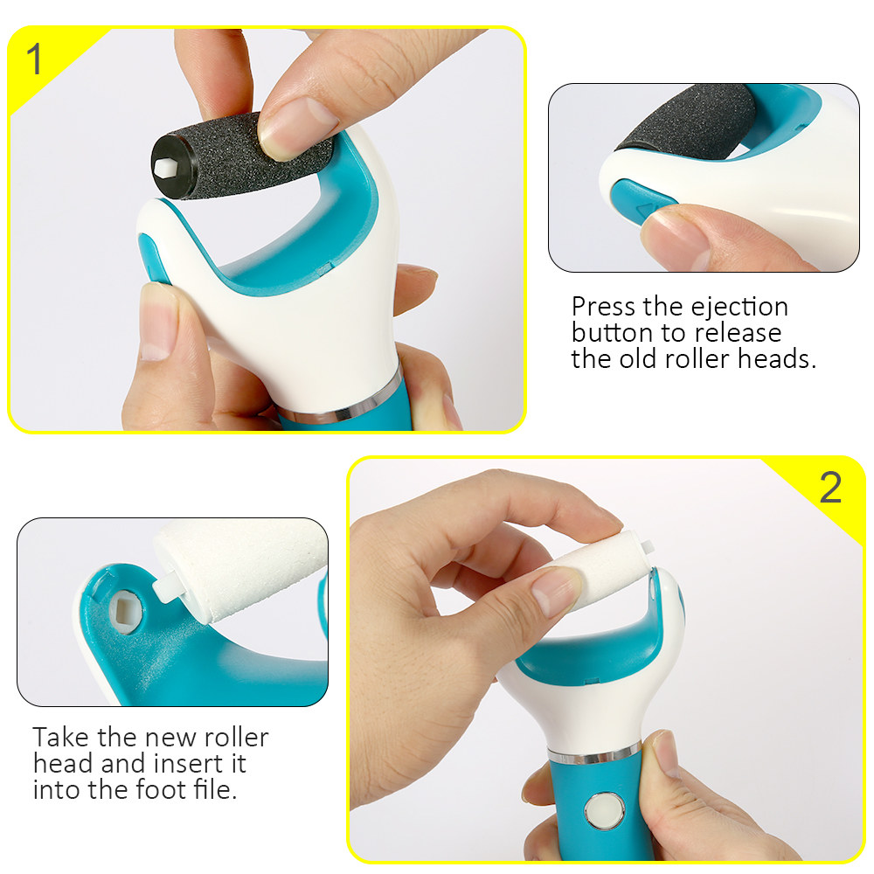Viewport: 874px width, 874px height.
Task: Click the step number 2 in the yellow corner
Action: pos(829,488)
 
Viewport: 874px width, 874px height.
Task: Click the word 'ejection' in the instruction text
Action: pos(739,307)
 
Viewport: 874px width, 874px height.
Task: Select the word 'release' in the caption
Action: pos(739,333)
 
